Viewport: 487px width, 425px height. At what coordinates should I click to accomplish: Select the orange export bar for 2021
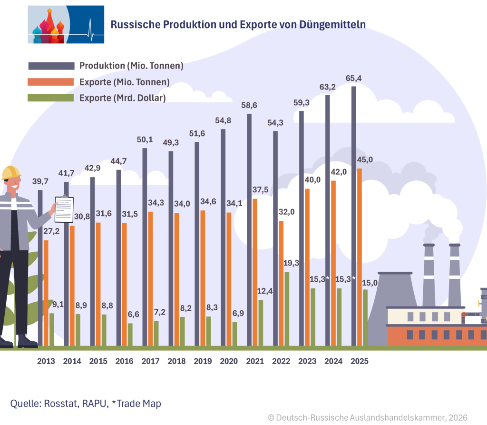point(255,272)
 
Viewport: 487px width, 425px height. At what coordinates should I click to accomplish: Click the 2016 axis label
point(125,361)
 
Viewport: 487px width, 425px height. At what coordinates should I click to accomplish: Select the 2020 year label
point(229,361)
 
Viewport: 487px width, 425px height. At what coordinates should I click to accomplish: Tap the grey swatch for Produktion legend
point(51,66)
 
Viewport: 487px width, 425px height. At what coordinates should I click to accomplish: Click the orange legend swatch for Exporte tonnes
point(51,82)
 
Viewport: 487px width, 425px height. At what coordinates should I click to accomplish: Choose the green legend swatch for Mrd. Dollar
point(51,98)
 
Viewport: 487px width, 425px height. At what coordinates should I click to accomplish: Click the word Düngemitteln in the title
point(332,24)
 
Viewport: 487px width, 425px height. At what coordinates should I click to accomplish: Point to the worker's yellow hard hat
point(11,172)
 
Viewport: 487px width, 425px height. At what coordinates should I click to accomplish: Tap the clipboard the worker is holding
point(64,209)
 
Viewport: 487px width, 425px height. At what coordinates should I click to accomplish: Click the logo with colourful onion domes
point(66,25)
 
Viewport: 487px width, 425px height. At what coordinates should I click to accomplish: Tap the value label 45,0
point(364,160)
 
